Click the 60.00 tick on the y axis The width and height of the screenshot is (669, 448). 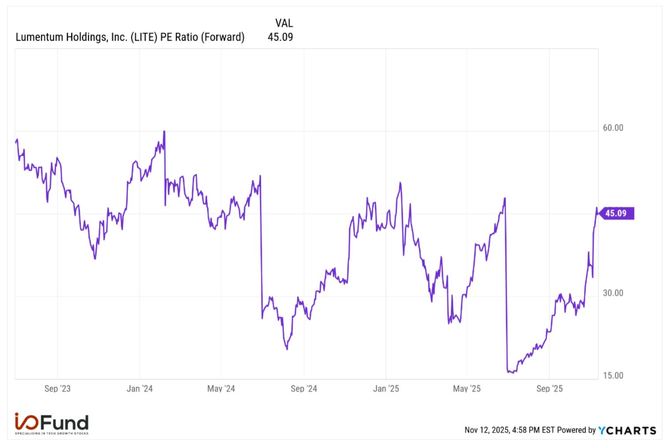click(613, 128)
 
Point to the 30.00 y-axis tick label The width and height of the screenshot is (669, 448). click(613, 293)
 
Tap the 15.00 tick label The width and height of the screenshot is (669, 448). click(613, 376)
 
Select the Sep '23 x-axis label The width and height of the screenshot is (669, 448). click(57, 389)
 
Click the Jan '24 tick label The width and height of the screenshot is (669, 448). click(139, 389)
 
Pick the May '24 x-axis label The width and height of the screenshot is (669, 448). click(221, 389)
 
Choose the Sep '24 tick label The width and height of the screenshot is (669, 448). click(304, 389)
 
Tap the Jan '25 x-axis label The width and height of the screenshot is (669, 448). click(386, 389)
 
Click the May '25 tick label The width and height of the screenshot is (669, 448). click(467, 389)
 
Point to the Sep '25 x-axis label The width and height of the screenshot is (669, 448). click(550, 389)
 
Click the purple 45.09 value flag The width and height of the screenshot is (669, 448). click(617, 213)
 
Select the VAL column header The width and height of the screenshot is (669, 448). click(284, 23)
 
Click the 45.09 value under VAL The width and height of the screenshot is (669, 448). click(280, 37)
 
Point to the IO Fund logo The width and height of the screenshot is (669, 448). click(52, 423)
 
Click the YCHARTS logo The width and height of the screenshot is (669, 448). click(628, 430)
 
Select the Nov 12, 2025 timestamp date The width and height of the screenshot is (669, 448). click(487, 430)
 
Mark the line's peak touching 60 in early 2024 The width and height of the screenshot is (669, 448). click(164, 131)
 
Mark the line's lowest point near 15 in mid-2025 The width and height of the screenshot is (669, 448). click(513, 373)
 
